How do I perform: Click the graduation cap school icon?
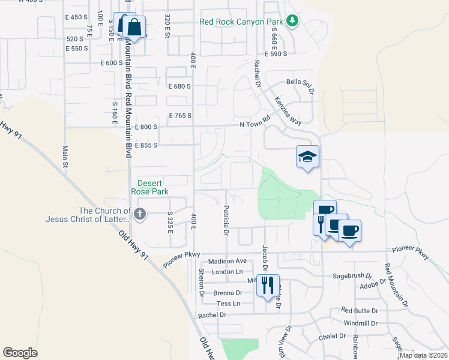pos(307,157)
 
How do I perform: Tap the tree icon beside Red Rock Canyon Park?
pos(292,22)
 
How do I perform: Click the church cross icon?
pos(140,213)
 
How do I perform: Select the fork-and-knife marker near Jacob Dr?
pos(268,285)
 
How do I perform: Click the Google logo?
pos(20,353)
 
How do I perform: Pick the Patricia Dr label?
pos(226,220)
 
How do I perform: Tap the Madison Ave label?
pos(228,262)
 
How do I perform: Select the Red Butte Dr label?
pos(360,311)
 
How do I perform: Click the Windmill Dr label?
pos(360,323)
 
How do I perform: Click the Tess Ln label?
pos(228,304)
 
